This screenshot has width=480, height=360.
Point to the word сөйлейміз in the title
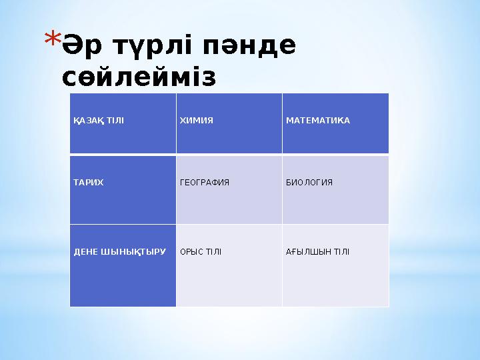tap(139, 77)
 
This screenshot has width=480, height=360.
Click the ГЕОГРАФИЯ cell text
tap(205, 182)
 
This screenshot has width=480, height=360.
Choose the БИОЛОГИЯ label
tap(309, 182)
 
